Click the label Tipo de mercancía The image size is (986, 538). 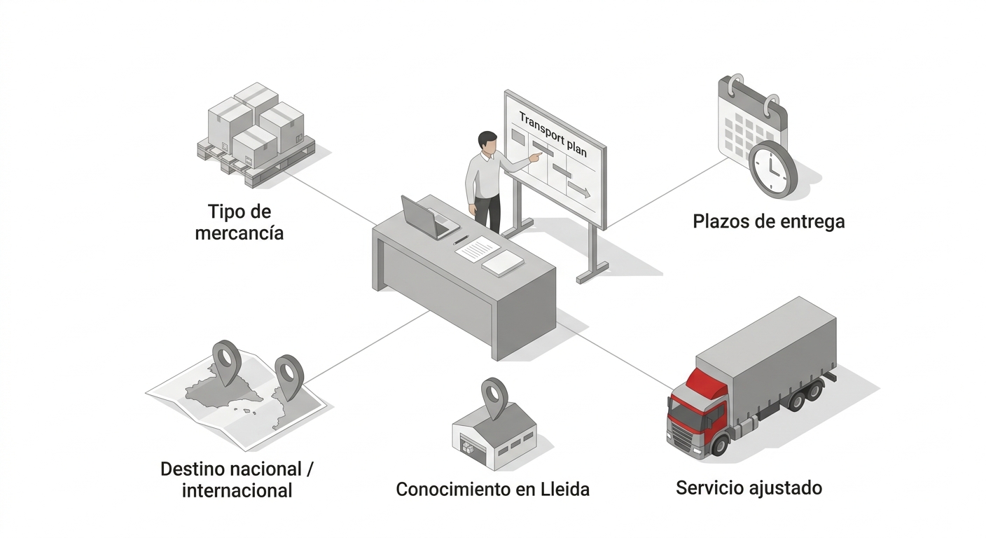point(239,221)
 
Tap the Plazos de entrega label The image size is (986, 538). point(768,221)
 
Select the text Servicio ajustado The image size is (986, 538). point(749,488)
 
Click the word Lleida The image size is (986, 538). point(565,489)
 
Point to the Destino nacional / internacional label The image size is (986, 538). point(237,479)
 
